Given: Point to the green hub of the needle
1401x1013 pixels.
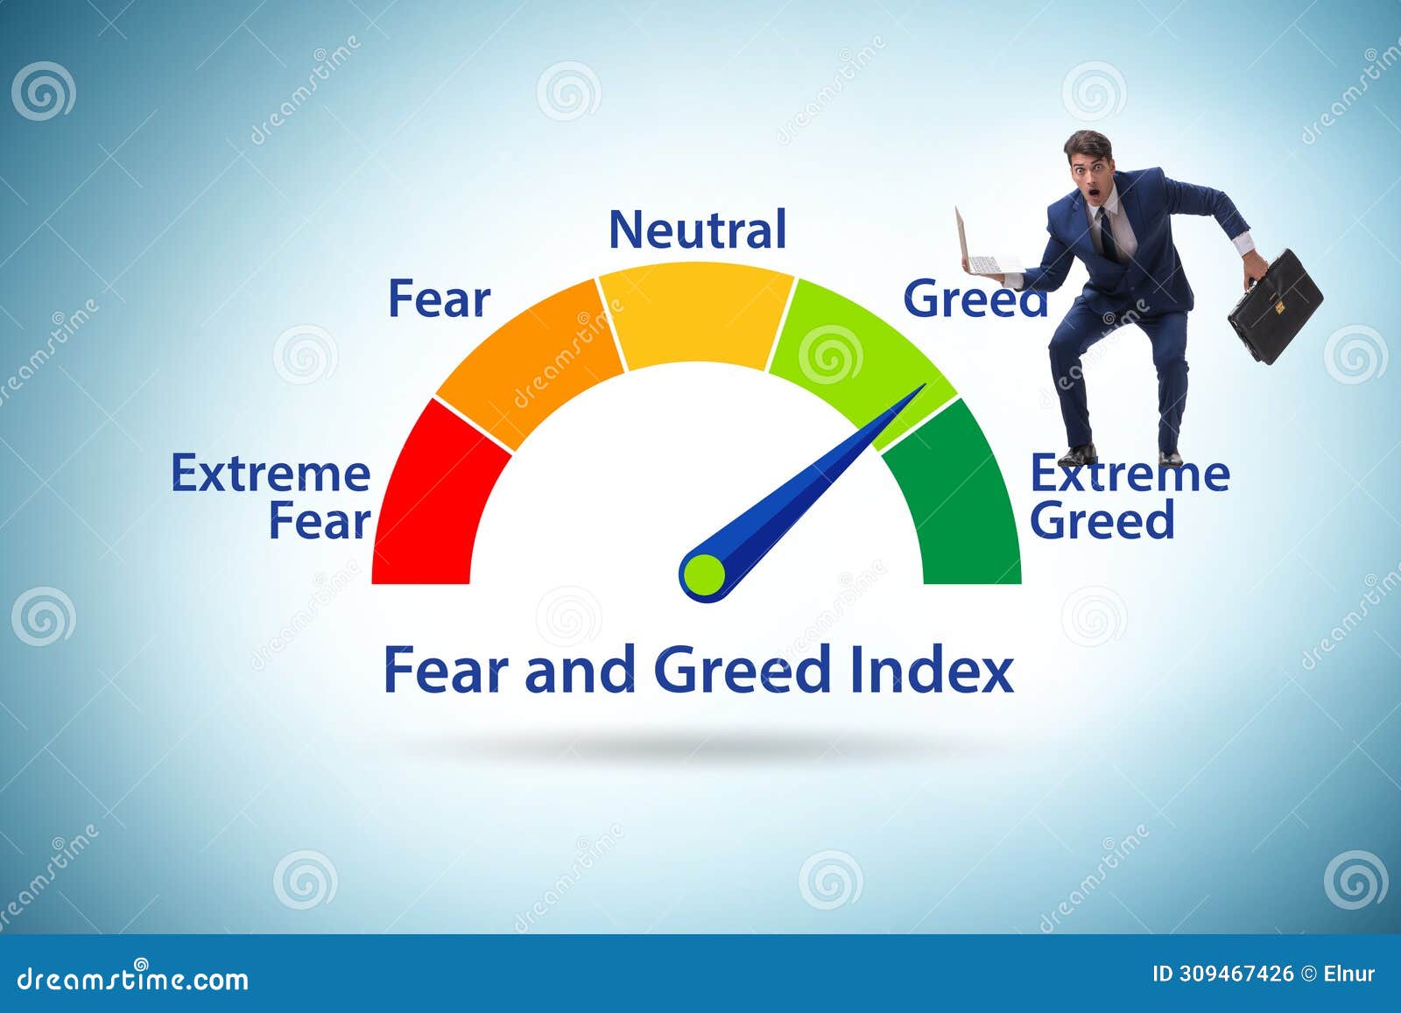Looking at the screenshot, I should [x=704, y=574].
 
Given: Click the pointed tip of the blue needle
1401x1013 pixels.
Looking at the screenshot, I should [x=923, y=386].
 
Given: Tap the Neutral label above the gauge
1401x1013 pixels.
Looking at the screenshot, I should [x=698, y=229].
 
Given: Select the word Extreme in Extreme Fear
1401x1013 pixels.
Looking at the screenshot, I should [x=271, y=474].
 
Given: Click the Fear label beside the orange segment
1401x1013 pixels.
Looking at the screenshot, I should [x=439, y=299].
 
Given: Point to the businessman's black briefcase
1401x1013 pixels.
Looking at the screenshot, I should [x=1275, y=306].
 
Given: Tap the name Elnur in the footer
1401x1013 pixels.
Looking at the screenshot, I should [x=1349, y=974].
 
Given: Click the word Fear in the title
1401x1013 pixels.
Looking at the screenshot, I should [x=447, y=672].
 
